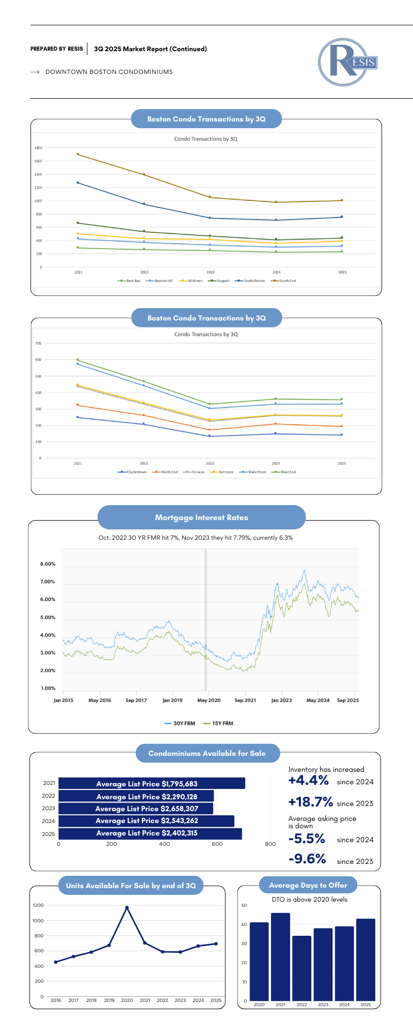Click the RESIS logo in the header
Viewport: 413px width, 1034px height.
pyautogui.click(x=347, y=62)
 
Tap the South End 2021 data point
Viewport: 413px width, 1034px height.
pyautogui.click(x=78, y=154)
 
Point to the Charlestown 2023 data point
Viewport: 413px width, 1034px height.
pyautogui.click(x=210, y=436)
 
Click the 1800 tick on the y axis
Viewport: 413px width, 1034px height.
pyautogui.click(x=38, y=148)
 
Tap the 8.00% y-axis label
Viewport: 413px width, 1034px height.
pyautogui.click(x=47, y=564)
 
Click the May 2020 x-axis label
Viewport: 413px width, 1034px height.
pyautogui.click(x=209, y=700)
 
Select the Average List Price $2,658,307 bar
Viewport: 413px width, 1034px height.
pyautogui.click(x=136, y=809)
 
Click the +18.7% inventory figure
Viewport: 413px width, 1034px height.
pyautogui.click(x=310, y=802)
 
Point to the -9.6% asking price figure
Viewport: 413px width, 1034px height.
pyautogui.click(x=307, y=859)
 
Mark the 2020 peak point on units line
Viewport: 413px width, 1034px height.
pyautogui.click(x=127, y=907)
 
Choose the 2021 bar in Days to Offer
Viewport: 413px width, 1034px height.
pyautogui.click(x=280, y=956)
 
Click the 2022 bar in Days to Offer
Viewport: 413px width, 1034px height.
pyautogui.click(x=301, y=968)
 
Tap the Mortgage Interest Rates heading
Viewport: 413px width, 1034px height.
pyautogui.click(x=201, y=518)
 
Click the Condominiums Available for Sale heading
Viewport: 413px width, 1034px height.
pyautogui.click(x=207, y=753)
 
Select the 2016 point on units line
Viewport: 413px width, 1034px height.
pyautogui.click(x=56, y=962)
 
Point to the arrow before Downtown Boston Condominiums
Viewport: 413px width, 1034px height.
pyautogui.click(x=35, y=72)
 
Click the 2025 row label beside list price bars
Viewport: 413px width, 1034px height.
pyautogui.click(x=49, y=834)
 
